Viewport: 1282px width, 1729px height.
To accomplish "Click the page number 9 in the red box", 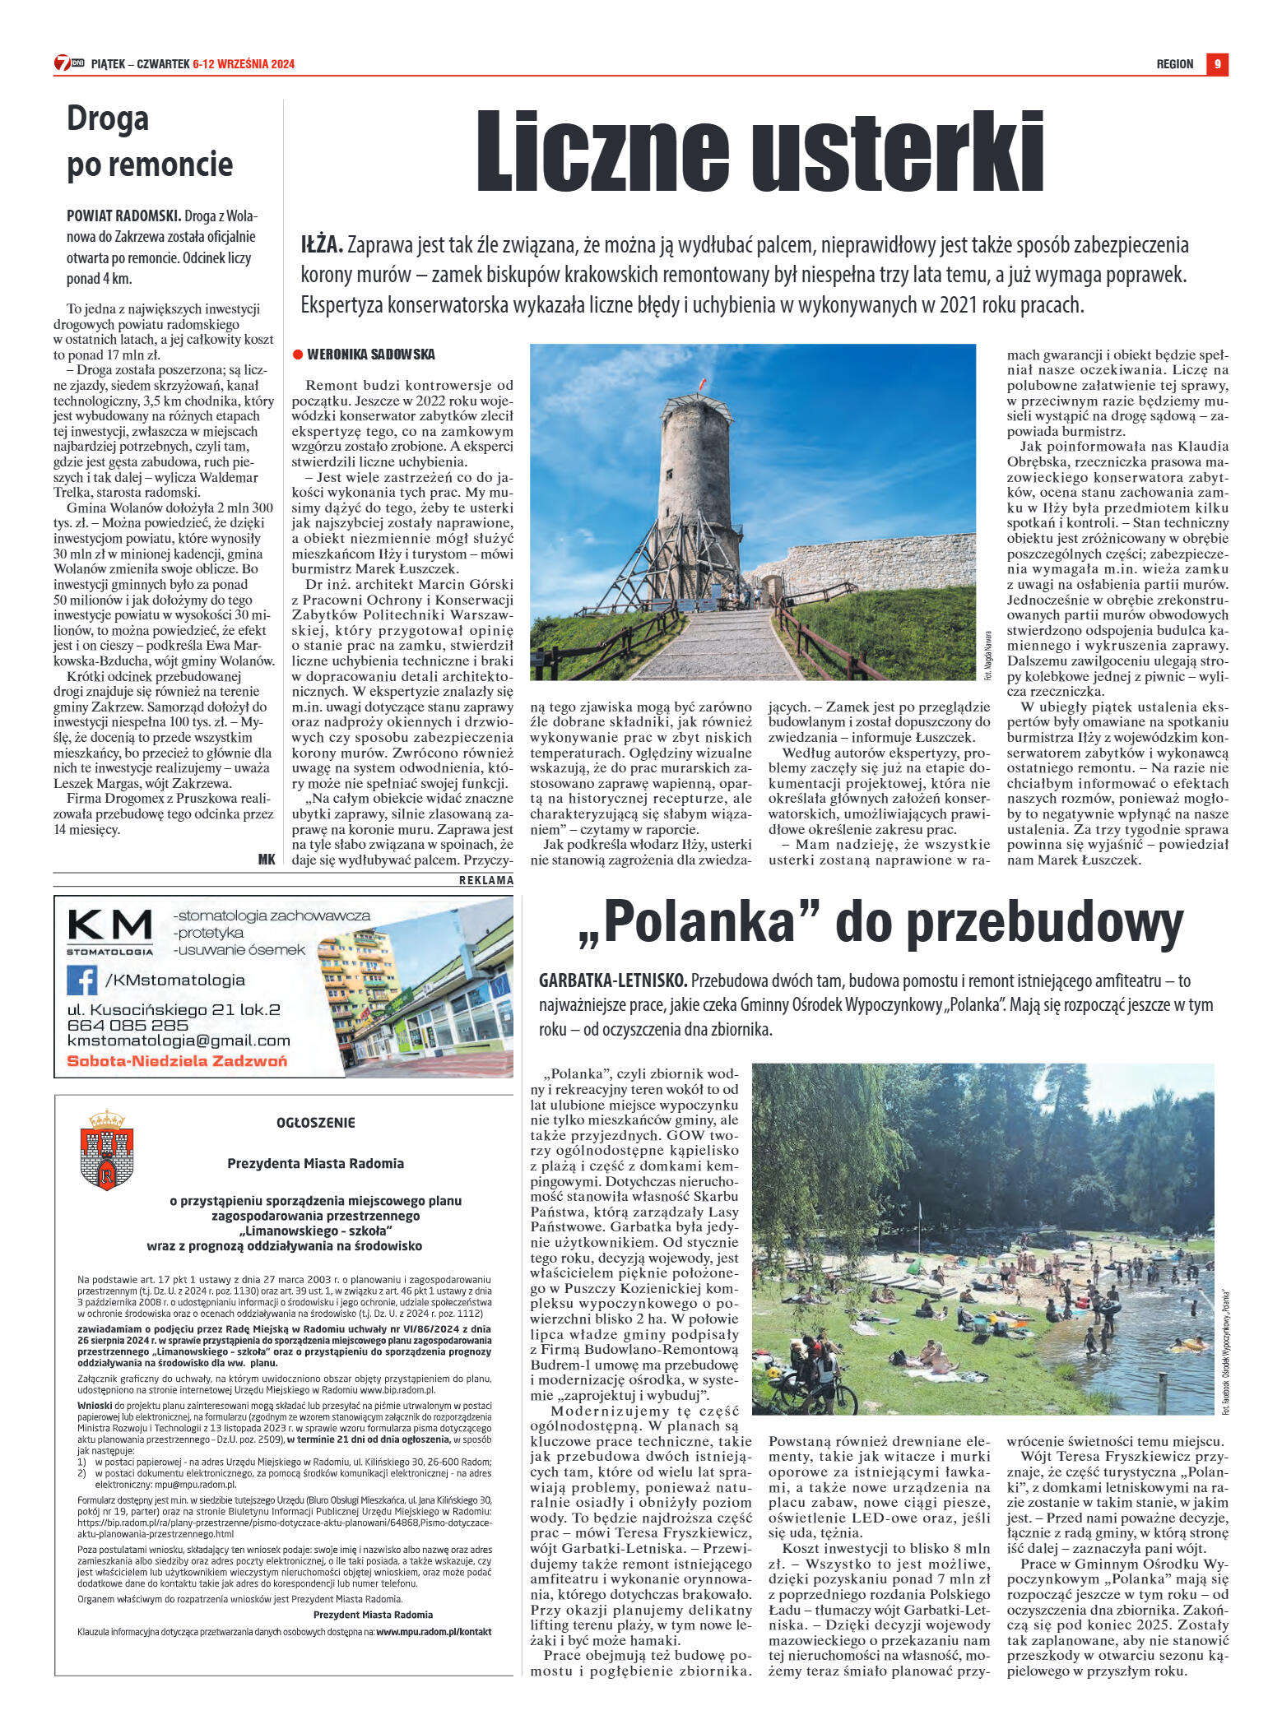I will pos(1217,64).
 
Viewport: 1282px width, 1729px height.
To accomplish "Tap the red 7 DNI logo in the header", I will pos(68,63).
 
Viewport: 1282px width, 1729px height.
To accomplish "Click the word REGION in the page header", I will pos(1174,64).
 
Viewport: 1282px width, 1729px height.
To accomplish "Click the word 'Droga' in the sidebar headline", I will pos(108,119).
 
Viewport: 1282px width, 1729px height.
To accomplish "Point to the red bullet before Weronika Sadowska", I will pos(298,355).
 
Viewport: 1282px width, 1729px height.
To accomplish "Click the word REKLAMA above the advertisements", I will pos(486,880).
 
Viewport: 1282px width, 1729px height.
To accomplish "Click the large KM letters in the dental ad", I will pos(109,925).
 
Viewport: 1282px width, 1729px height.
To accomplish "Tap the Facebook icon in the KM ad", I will pos(81,980).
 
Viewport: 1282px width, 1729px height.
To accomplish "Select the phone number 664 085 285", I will pos(128,1025).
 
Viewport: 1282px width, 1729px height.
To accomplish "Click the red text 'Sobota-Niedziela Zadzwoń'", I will pos(177,1060).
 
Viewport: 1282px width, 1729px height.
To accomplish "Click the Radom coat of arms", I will pos(107,1149).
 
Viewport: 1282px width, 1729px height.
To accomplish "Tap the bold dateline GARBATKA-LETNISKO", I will pos(612,980).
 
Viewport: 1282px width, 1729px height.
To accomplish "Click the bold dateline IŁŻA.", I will pos(321,245).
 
